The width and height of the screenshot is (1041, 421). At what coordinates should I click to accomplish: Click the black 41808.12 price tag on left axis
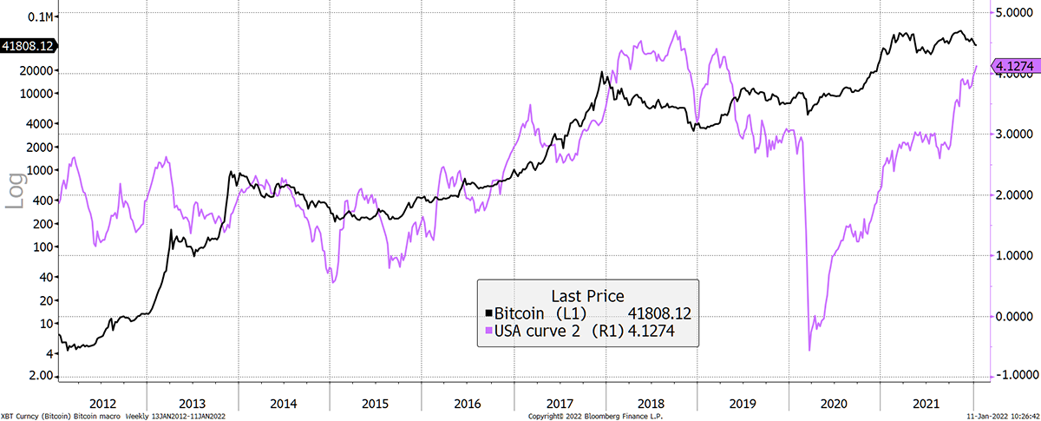28,46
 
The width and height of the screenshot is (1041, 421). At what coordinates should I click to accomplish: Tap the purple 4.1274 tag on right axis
1014,66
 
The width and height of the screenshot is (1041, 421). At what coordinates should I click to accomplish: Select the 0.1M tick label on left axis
41,17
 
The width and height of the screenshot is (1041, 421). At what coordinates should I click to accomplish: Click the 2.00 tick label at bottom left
42,375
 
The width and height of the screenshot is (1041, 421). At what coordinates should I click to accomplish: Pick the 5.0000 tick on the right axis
1014,12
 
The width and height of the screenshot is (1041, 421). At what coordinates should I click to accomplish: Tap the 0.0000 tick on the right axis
1014,316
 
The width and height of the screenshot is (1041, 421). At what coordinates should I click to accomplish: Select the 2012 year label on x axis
102,404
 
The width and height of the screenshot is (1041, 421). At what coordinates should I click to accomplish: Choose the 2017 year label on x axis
560,404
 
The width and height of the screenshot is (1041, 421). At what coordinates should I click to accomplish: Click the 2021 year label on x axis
926,404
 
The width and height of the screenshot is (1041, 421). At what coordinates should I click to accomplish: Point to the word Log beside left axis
16,191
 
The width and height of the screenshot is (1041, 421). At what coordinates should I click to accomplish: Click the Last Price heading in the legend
587,296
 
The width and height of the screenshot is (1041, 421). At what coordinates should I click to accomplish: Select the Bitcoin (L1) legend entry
540,313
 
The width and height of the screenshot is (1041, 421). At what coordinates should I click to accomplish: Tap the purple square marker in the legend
488,331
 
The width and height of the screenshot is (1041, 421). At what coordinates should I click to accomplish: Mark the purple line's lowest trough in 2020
809,350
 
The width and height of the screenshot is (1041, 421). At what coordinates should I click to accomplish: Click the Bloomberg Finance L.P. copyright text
595,417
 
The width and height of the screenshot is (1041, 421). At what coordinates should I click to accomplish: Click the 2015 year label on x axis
375,404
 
